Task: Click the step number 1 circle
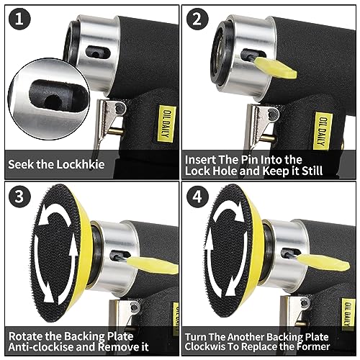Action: [19, 19]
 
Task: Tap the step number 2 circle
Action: [197, 19]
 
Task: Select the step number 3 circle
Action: [19, 197]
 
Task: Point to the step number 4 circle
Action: [197, 197]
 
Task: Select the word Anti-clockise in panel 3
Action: [39, 347]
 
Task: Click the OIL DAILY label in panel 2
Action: [323, 131]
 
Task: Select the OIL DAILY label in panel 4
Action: [348, 315]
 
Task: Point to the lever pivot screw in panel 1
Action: [120, 108]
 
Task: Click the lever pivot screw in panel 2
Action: [273, 114]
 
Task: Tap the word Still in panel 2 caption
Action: [312, 171]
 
